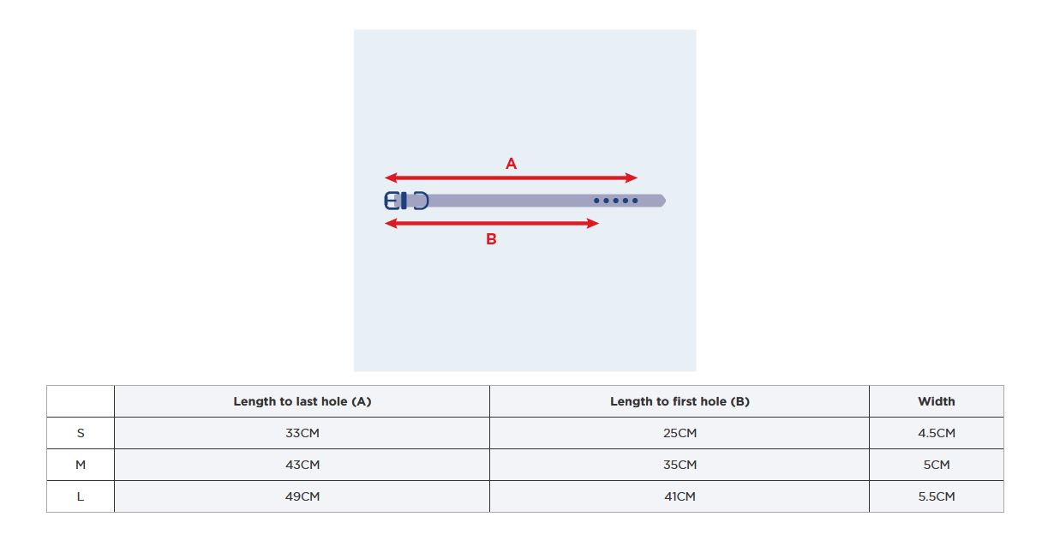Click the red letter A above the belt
(511, 164)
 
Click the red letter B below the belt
(491, 239)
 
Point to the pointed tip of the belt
(666, 201)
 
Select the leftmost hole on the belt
(596, 201)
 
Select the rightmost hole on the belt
(635, 201)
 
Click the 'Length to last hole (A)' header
(302, 401)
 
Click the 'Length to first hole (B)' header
(680, 401)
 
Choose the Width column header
(937, 401)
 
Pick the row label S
(81, 433)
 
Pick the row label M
(81, 465)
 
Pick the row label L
(81, 496)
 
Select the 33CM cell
(302, 433)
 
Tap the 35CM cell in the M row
(680, 465)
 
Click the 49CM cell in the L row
(302, 496)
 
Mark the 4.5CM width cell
(937, 433)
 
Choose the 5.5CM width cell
(937, 496)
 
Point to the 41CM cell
(680, 496)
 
